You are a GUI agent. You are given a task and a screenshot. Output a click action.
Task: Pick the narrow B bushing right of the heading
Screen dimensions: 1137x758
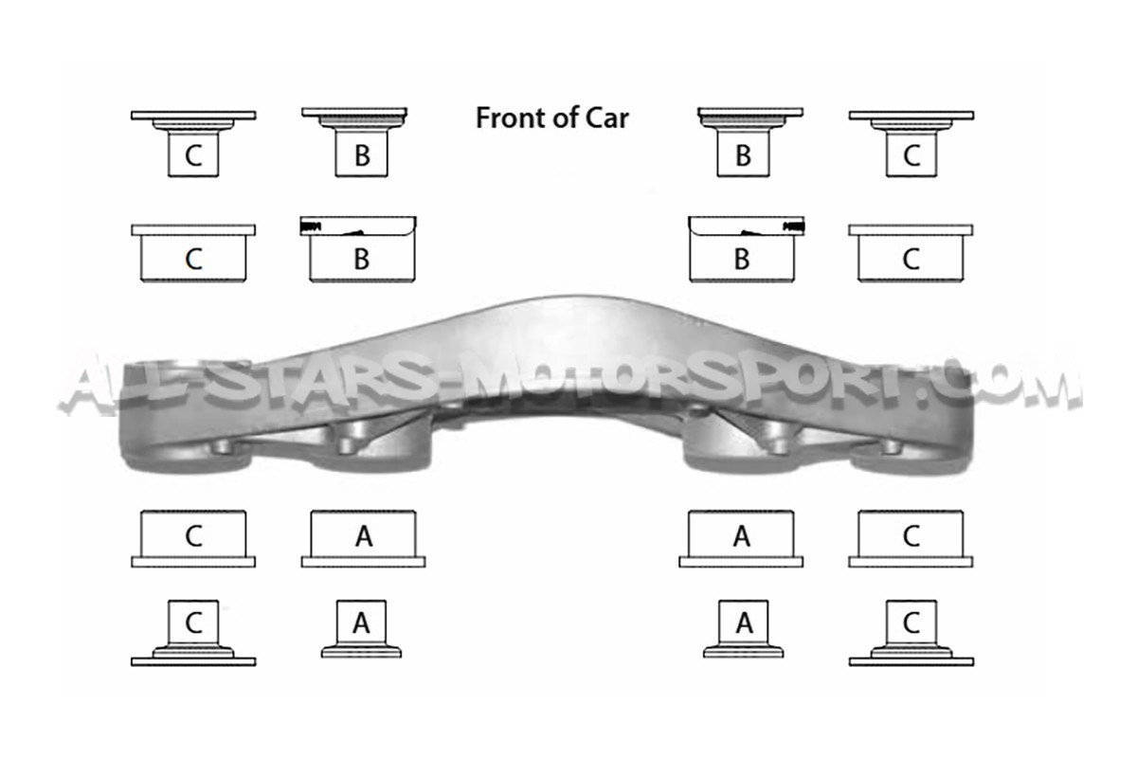(x=749, y=142)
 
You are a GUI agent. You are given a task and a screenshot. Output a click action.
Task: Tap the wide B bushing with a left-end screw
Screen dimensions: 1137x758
(x=358, y=249)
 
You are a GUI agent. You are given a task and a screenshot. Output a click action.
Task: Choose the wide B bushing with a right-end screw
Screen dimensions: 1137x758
(x=747, y=249)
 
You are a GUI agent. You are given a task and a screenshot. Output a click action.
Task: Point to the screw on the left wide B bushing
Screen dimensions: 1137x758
(x=311, y=226)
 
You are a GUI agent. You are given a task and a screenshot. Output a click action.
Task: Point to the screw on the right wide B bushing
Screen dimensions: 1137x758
(x=794, y=226)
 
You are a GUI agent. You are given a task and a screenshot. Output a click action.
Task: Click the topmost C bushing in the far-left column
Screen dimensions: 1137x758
(x=193, y=144)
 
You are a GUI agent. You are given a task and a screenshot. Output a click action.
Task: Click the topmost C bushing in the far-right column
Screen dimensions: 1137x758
(x=911, y=144)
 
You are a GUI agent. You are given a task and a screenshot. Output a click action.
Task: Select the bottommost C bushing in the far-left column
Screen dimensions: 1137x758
(x=193, y=633)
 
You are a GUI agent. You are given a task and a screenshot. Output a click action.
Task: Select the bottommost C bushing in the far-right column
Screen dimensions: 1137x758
(x=911, y=633)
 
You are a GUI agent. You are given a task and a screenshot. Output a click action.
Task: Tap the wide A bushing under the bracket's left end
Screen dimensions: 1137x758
(x=364, y=539)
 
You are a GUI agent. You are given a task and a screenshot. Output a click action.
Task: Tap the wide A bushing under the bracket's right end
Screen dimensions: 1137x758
(x=741, y=539)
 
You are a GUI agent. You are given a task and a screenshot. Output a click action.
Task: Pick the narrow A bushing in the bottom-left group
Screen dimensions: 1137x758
(x=361, y=629)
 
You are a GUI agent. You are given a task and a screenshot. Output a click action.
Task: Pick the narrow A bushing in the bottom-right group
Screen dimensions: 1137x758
(x=744, y=629)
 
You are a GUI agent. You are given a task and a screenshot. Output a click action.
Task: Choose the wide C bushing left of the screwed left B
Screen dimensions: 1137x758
(x=193, y=253)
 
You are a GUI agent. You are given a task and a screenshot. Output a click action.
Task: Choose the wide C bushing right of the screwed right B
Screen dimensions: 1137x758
(x=911, y=253)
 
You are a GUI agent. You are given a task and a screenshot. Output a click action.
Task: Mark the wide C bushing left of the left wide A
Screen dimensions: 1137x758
(x=193, y=539)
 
